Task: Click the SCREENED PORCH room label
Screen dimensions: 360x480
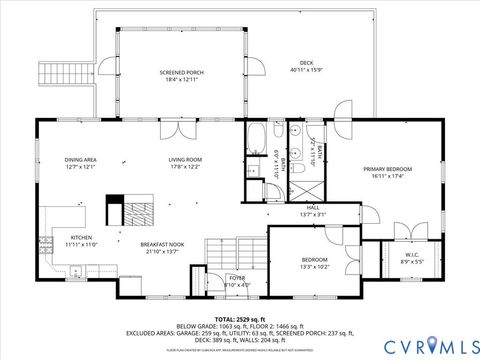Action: click(x=181, y=73)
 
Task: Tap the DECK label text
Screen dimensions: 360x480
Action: click(x=301, y=63)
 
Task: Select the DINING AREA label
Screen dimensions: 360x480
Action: click(x=80, y=159)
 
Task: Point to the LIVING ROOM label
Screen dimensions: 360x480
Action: click(x=185, y=159)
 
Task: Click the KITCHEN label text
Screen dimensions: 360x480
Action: click(x=81, y=238)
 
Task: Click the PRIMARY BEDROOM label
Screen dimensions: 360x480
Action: click(x=387, y=169)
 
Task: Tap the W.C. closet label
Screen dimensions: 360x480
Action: click(x=411, y=254)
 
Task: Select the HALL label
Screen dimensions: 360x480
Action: click(x=313, y=209)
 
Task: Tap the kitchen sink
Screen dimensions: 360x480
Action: click(x=75, y=270)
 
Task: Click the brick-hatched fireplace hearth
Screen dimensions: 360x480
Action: click(x=135, y=211)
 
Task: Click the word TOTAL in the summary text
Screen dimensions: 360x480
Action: click(x=225, y=318)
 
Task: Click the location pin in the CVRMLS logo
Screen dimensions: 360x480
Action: click(x=433, y=345)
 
